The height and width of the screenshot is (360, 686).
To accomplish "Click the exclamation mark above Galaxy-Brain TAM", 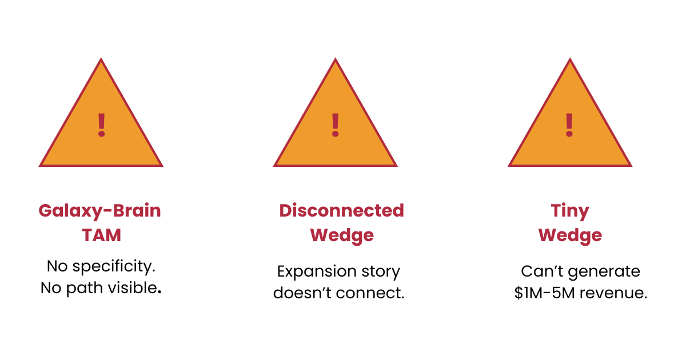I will pyautogui.click(x=101, y=125).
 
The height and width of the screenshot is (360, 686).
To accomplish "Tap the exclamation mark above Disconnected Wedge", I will pyautogui.click(x=336, y=125).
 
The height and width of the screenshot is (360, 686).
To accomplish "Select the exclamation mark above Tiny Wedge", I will pyautogui.click(x=569, y=125).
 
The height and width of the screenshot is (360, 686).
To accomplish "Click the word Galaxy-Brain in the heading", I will pyautogui.click(x=99, y=211).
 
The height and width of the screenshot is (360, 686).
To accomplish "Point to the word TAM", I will pyautogui.click(x=101, y=235).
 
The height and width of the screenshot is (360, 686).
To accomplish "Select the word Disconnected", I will pyautogui.click(x=341, y=211).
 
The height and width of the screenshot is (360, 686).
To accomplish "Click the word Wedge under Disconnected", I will pyautogui.click(x=342, y=235).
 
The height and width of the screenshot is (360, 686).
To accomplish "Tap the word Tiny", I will pyautogui.click(x=570, y=211).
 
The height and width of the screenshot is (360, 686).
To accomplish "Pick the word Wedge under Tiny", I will pyautogui.click(x=570, y=235).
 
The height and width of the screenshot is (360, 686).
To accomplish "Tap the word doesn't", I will pyautogui.click(x=303, y=293).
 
